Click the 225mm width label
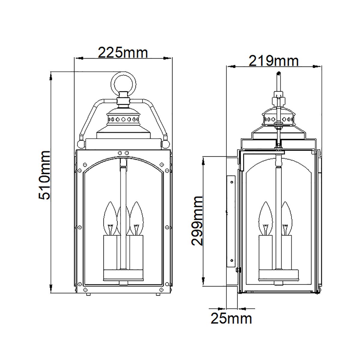pyautogui.click(x=123, y=53)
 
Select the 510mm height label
pyautogui.click(x=45, y=175)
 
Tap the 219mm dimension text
pyautogui.click(x=273, y=61)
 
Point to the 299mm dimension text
pyautogui.click(x=197, y=221)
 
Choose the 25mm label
pyautogui.click(x=231, y=318)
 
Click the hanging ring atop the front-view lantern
pyautogui.click(x=124, y=83)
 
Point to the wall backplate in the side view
pyautogui.click(x=231, y=222)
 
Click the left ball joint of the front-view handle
pyautogui.click(x=81, y=143)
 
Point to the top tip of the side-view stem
pyautogui.click(x=279, y=73)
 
